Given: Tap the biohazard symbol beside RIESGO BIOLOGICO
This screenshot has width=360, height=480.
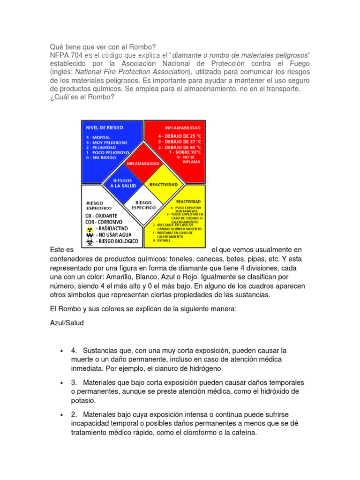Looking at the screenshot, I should (90, 242).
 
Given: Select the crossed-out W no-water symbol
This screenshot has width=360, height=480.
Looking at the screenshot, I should (90, 235).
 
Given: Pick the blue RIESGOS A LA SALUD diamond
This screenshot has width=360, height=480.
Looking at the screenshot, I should (123, 183).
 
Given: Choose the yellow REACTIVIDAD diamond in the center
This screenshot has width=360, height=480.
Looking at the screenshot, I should (163, 184).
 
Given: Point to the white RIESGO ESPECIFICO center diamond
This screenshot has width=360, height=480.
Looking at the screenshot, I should (143, 204).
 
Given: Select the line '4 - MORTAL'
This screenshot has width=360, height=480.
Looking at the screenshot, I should (99, 137).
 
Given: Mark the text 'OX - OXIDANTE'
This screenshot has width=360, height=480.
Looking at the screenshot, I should (101, 215).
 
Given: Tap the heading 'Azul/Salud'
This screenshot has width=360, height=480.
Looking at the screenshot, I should (67, 323).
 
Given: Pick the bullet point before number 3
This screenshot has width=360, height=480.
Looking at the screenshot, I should (62, 383).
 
